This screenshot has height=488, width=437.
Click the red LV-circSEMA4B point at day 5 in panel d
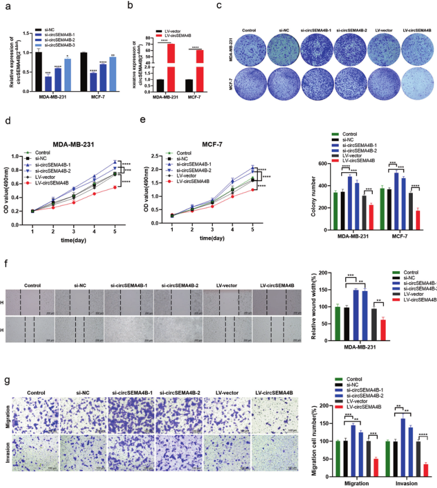115,187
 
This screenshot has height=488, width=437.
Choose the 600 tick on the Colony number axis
323,164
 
